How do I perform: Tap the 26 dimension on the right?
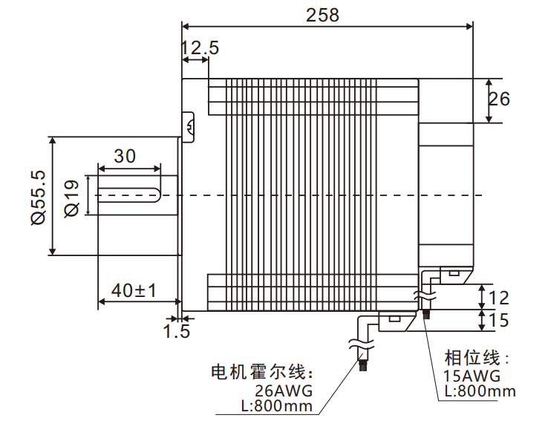[500, 99]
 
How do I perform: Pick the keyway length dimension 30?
[125, 156]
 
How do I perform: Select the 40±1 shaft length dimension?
[134, 290]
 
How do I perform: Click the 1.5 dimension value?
[177, 330]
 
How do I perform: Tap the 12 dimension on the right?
[500, 298]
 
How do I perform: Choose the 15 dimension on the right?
[500, 321]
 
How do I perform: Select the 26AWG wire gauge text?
[282, 391]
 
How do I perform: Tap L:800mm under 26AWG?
[277, 406]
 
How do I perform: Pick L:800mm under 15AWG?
[480, 391]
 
